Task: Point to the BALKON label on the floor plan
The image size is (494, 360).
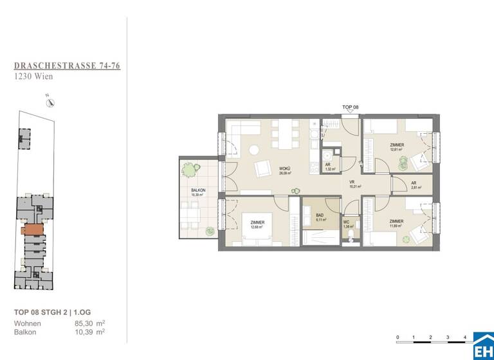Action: pyautogui.click(x=198, y=192)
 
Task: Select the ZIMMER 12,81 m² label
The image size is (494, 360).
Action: pyautogui.click(x=397, y=148)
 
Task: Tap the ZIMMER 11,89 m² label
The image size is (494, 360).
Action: pyautogui.click(x=397, y=224)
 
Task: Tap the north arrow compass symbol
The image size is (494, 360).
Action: pyautogui.click(x=50, y=102)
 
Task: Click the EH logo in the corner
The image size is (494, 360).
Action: pyautogui.click(x=483, y=348)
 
